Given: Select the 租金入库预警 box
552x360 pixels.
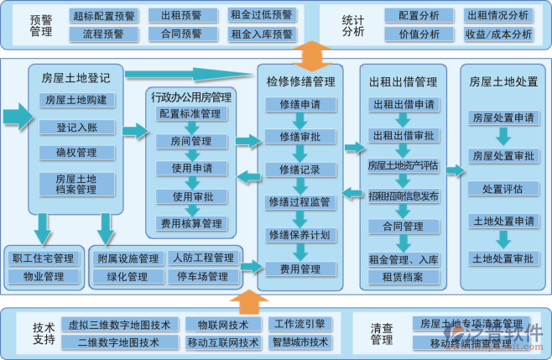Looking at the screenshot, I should click(x=261, y=34).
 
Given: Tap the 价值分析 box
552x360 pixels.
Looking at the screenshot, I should click(x=419, y=34).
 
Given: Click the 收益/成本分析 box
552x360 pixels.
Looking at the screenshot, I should click(x=498, y=34).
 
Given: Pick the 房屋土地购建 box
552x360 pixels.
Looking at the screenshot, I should click(x=76, y=100).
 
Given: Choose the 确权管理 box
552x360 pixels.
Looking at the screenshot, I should click(x=76, y=153).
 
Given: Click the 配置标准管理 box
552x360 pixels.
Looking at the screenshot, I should click(x=190, y=114).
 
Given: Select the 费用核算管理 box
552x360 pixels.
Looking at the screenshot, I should click(x=190, y=223).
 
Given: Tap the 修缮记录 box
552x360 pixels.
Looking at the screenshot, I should click(x=300, y=170).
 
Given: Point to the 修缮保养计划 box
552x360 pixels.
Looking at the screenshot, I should click(x=300, y=234).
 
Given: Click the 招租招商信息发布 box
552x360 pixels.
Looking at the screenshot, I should click(x=404, y=196).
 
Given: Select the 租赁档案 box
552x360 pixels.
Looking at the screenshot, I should click(x=404, y=276).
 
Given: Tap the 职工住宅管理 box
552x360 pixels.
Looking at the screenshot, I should click(x=43, y=258).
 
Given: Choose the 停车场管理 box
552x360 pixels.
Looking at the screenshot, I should click(x=201, y=276).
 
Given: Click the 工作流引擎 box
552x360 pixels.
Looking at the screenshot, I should click(x=299, y=324).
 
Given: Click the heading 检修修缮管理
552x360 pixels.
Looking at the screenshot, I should click(x=300, y=81).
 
